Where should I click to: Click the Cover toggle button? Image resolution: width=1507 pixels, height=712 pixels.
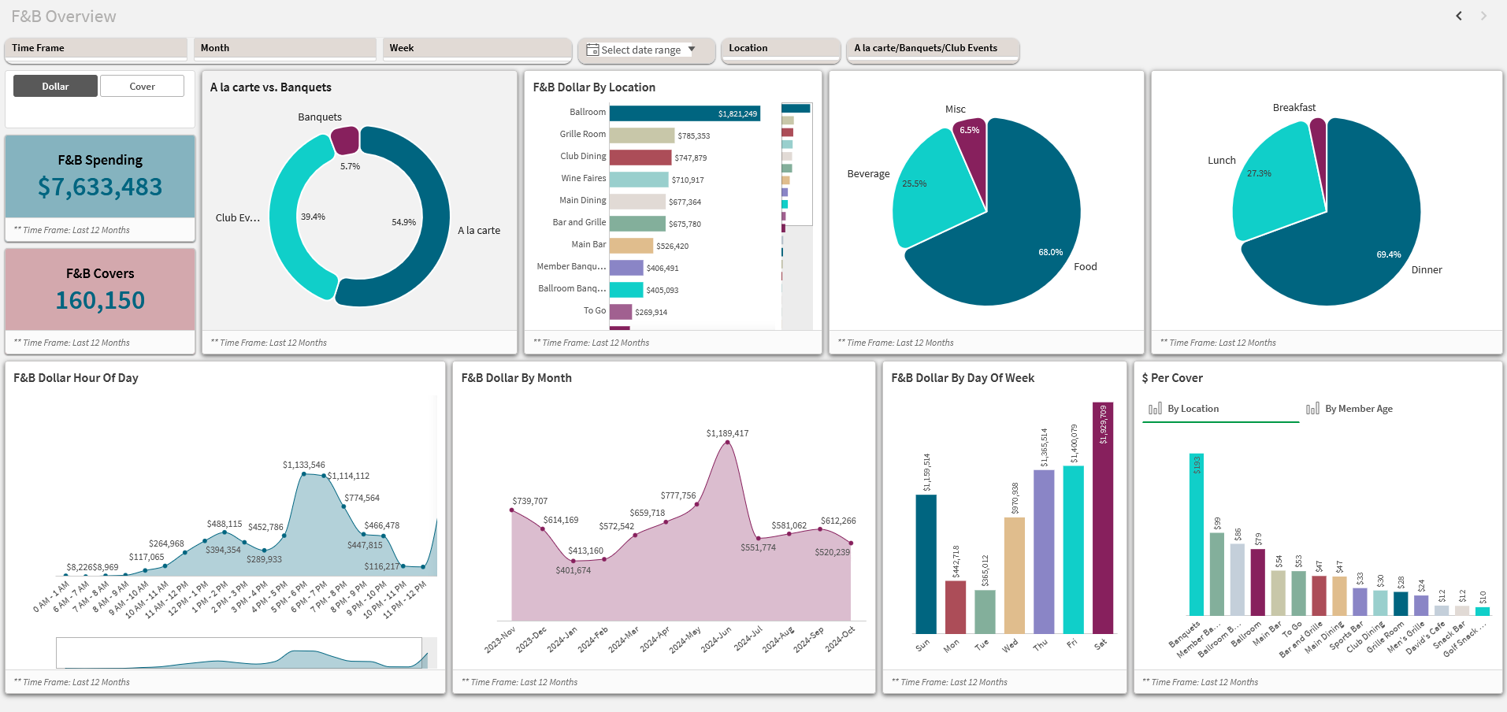pos(142,86)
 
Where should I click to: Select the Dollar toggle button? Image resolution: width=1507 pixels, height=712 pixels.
pos(55,86)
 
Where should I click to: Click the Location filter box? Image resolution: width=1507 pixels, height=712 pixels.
pos(779,48)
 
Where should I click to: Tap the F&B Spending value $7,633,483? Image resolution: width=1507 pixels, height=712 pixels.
pos(100,187)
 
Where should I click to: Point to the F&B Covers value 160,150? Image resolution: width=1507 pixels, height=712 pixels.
pos(100,300)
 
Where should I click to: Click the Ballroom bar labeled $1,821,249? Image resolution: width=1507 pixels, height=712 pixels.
pos(684,113)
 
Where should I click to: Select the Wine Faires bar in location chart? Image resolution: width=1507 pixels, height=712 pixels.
pos(638,180)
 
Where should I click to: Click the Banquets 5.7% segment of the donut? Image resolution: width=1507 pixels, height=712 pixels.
pos(345,140)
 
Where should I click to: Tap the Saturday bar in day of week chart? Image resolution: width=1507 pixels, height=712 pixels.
pos(1103,520)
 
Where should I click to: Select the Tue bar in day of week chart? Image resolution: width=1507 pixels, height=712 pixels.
pos(985,611)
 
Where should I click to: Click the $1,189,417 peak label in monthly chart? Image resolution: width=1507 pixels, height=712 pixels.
pos(727,433)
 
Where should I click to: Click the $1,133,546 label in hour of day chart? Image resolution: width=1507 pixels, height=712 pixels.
pos(303,465)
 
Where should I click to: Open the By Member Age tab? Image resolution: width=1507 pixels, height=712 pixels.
pos(1357,409)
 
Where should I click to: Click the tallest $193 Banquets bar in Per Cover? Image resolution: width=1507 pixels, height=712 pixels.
pos(1196,536)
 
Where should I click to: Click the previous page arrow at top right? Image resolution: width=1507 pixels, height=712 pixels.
pos(1459,16)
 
